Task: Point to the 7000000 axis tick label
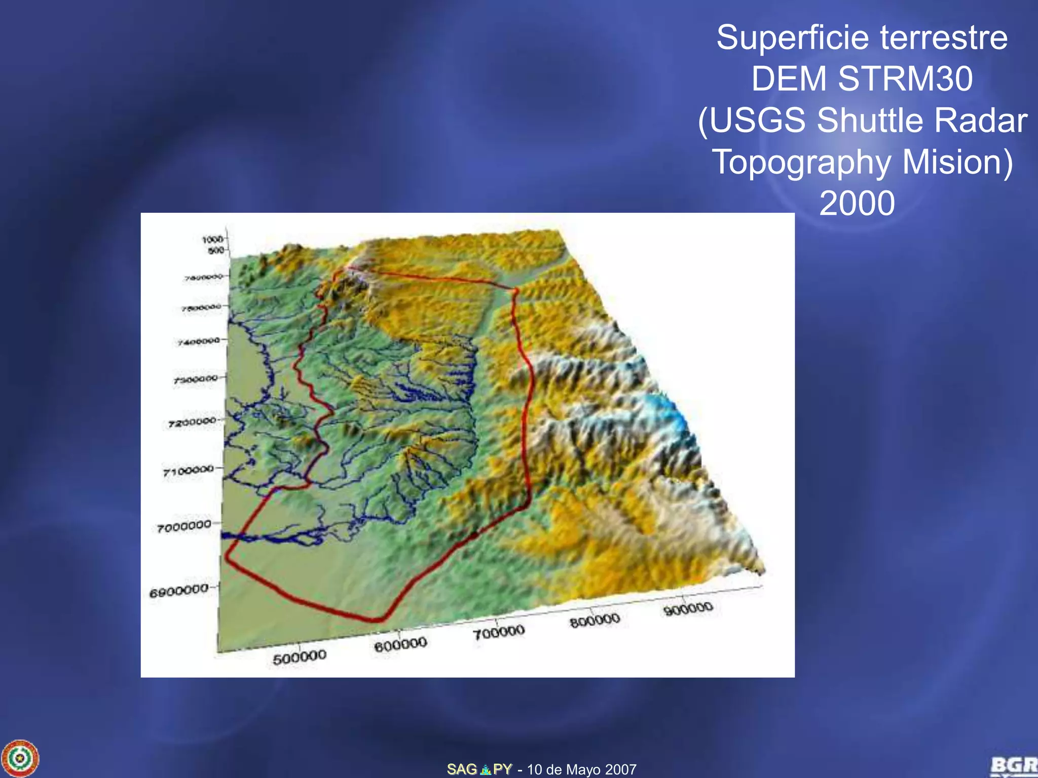[184, 527]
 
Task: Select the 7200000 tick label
[192, 422]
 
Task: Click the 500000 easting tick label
[300, 657]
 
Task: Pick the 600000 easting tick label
[400, 645]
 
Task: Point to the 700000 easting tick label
[499, 632]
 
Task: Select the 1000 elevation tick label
[212, 239]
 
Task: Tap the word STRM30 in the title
[905, 79]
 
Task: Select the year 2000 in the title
[857, 204]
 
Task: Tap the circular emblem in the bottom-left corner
[20, 758]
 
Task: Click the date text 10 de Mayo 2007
[581, 769]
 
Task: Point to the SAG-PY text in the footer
[479, 769]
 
